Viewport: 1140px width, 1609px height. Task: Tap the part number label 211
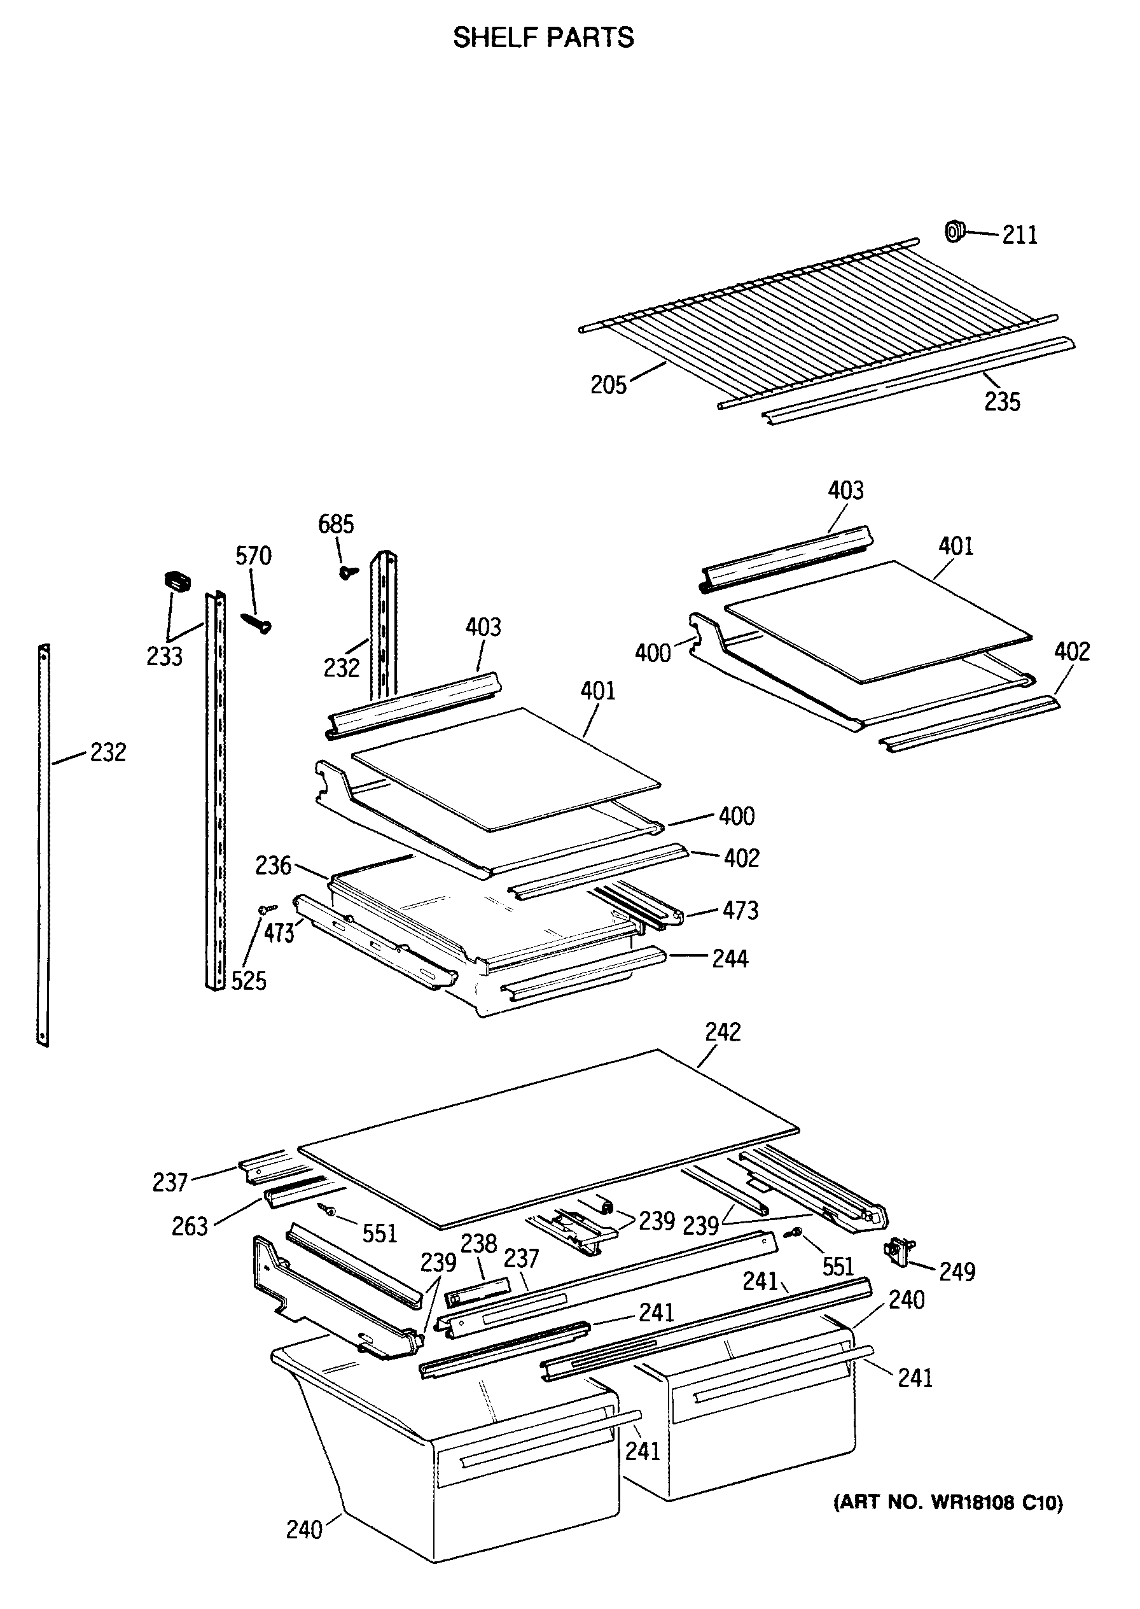1019,235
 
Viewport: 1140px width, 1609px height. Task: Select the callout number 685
337,524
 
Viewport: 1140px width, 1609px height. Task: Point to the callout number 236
273,866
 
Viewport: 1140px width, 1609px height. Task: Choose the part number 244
730,959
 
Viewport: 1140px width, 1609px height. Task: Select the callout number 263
190,1227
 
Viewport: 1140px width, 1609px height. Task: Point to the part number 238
479,1244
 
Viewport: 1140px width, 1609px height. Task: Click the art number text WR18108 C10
948,1503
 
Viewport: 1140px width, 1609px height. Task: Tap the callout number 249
957,1271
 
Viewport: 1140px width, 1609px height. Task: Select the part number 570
253,556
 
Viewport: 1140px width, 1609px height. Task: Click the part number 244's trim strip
583,974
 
